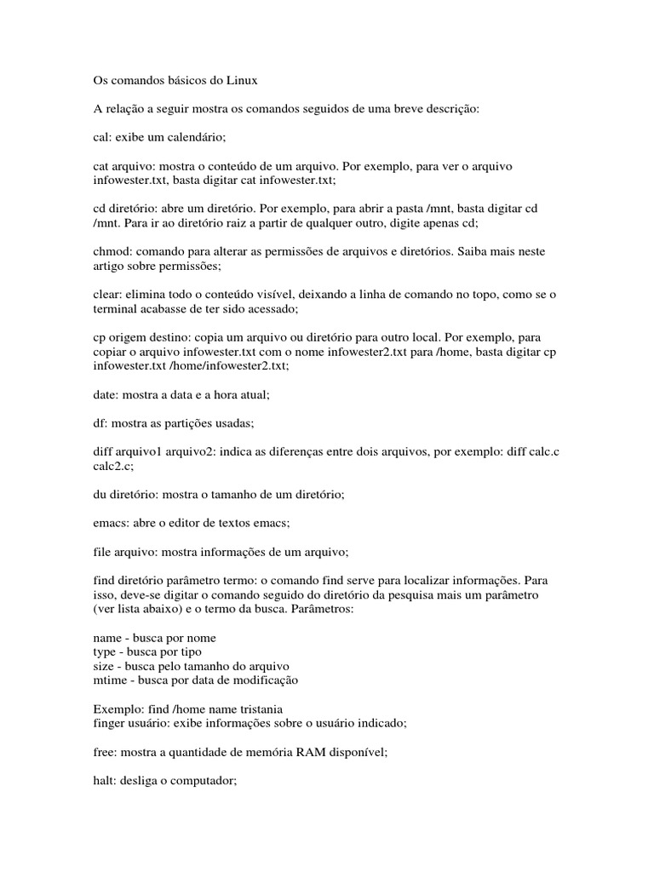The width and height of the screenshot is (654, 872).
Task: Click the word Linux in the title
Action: [x=239, y=82]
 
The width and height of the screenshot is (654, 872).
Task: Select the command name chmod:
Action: [x=112, y=252]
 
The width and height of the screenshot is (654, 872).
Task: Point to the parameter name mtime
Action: [x=110, y=680]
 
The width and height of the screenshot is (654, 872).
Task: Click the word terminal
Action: [x=115, y=308]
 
